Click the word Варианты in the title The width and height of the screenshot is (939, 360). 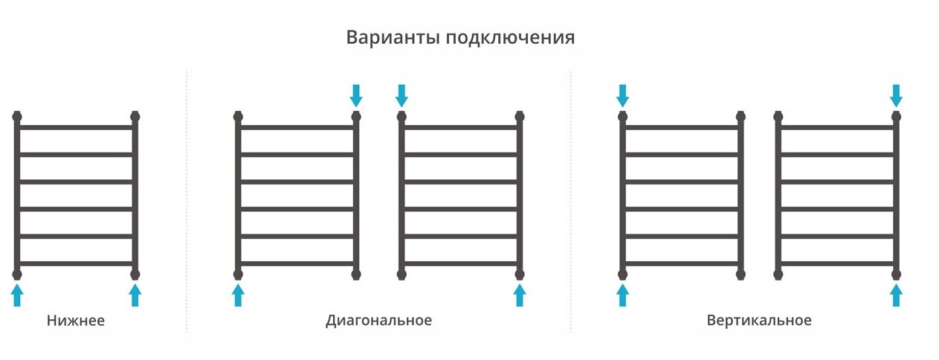pos(393,38)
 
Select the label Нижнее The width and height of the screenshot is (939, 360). pos(76,321)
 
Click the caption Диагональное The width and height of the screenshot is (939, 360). pos(378,321)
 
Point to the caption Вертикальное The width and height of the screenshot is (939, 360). pos(759,321)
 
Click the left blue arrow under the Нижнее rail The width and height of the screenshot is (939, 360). pos(17,295)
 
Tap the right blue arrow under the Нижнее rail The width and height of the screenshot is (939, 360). pos(135,295)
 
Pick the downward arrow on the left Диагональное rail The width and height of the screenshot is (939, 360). pos(356,94)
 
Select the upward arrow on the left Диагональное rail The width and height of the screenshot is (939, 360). pos(238,295)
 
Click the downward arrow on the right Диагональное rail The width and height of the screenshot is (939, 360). pos(401,94)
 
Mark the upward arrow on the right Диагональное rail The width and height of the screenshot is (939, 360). pos(520,295)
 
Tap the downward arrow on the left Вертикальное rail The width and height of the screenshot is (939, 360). pos(622,94)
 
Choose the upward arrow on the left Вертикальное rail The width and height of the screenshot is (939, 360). pos(622,295)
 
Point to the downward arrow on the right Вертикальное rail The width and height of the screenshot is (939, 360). pos(896,94)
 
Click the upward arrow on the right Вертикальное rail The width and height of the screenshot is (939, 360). pos(896,295)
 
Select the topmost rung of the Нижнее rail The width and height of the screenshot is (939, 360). pos(76,127)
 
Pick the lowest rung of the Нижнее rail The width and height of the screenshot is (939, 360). pos(76,263)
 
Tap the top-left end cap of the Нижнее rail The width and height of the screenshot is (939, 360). pos(17,116)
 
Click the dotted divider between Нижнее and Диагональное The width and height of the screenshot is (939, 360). pos(186,201)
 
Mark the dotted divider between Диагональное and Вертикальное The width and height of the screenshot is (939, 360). pos(571,201)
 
